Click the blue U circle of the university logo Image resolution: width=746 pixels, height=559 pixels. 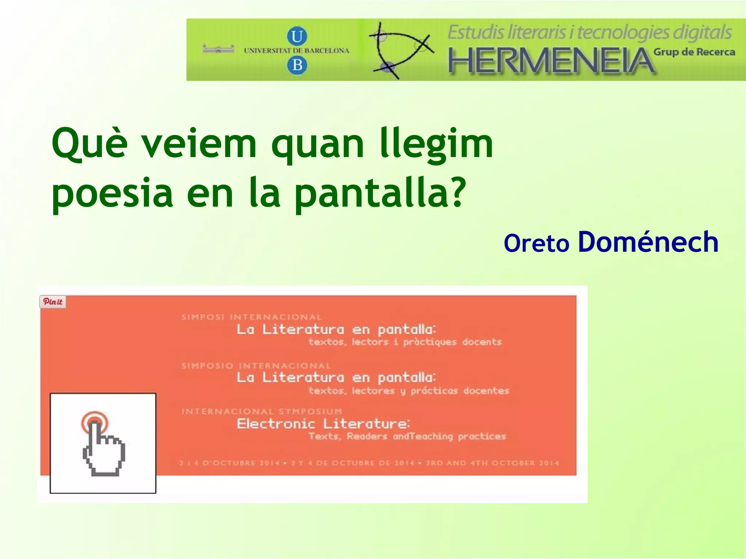297,36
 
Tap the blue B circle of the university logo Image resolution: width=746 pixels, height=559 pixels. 297,66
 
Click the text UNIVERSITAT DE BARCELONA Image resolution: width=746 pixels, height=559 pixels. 297,51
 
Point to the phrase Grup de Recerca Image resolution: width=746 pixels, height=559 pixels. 694,52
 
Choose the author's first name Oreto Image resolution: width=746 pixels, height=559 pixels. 536,243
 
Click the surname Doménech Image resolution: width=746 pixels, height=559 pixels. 648,242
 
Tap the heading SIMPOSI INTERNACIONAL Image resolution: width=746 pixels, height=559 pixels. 251,317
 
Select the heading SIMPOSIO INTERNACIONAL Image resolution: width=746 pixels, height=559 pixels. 256,366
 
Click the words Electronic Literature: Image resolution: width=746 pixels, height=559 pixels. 323,424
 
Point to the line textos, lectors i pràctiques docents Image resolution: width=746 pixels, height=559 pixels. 405,342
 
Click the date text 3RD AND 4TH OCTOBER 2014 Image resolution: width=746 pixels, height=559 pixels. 492,463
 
